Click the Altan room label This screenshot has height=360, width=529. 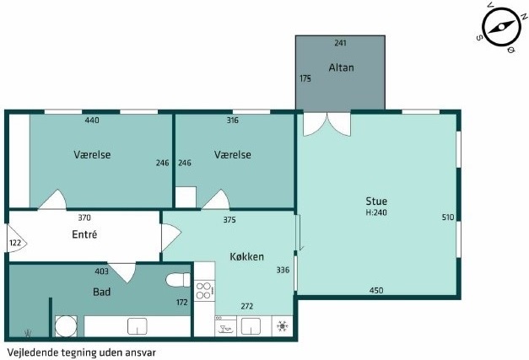click(341, 67)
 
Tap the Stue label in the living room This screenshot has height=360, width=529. click(376, 201)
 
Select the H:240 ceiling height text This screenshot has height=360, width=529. click(376, 212)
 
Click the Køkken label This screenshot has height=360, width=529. click(246, 256)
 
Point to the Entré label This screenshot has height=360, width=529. click(84, 234)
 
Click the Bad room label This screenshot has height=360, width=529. click(101, 292)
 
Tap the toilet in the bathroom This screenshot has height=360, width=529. click(178, 280)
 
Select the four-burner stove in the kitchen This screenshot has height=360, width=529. click(204, 291)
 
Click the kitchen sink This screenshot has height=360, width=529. click(251, 326)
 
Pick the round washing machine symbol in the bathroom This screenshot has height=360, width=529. click(66, 326)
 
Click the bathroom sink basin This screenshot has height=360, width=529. click(137, 326)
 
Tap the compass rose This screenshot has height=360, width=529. click(500, 28)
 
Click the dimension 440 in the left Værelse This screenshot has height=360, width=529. click(92, 120)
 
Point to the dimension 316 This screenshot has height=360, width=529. click(233, 120)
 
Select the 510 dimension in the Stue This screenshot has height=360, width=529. click(448, 218)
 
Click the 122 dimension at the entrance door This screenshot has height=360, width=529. click(15, 243)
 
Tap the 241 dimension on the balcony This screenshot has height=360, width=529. click(340, 43)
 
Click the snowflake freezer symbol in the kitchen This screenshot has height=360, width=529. click(282, 326)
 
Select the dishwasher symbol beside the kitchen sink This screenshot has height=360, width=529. click(226, 326)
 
